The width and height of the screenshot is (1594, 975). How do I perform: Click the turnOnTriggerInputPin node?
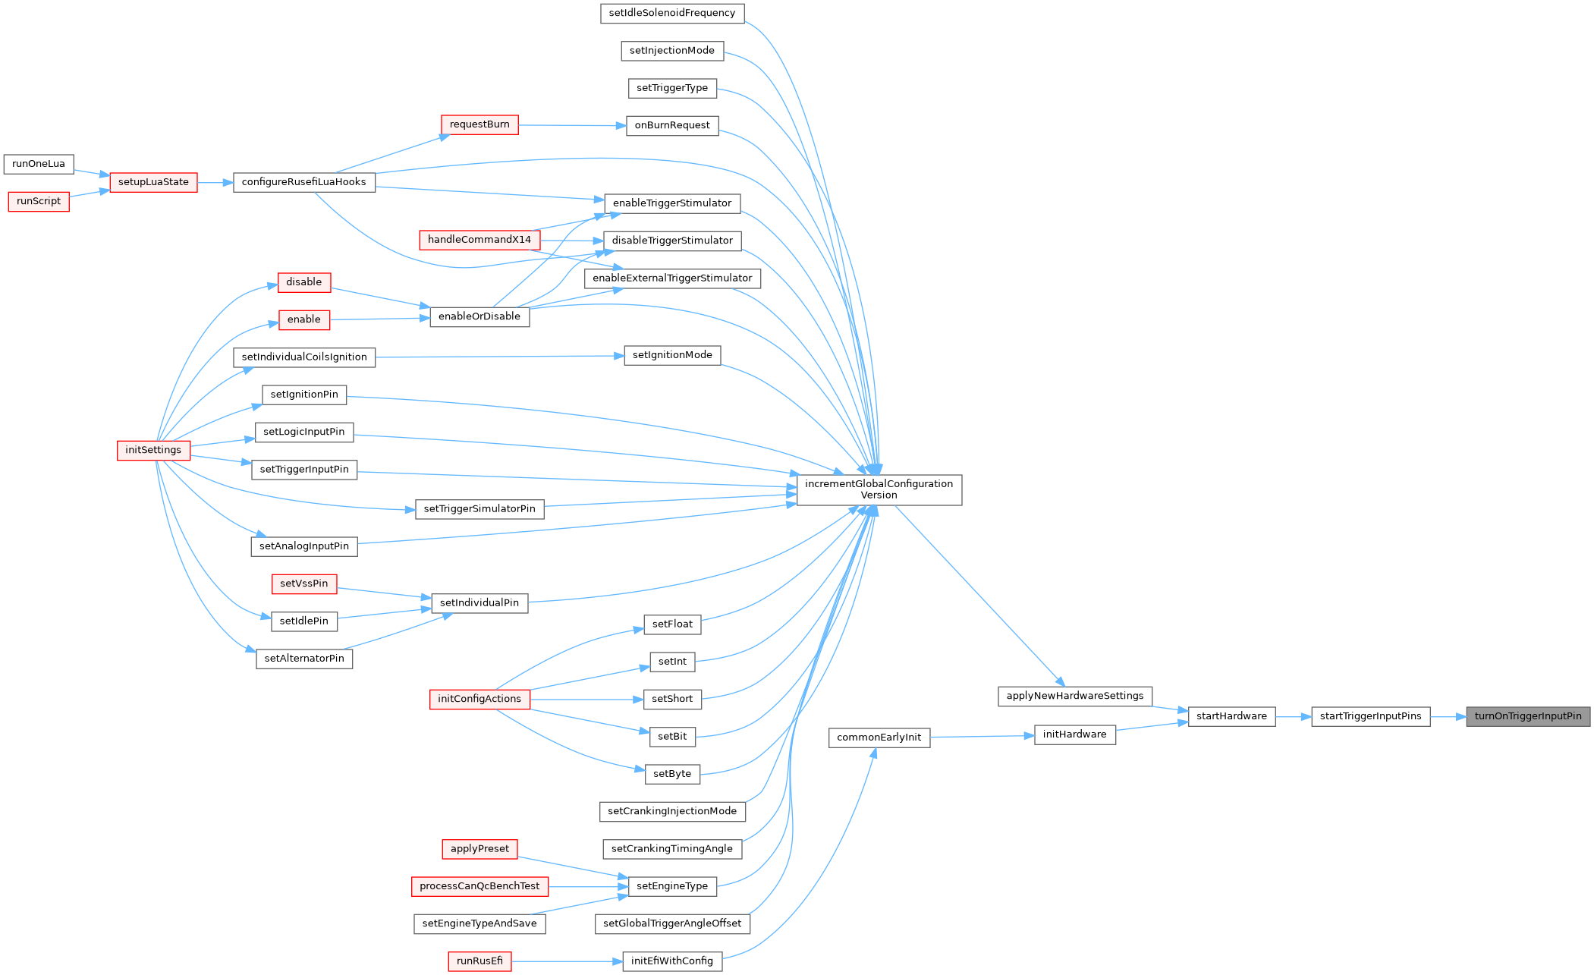1527,716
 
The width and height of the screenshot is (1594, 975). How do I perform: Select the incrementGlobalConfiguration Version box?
879,489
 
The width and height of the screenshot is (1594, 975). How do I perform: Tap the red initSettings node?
153,450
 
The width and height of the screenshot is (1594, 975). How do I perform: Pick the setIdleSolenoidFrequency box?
672,13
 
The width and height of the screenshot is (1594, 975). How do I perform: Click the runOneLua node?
39,164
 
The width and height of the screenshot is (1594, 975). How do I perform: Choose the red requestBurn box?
479,124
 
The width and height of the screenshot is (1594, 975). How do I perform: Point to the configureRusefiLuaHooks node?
304,182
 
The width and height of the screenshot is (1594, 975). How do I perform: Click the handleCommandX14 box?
479,240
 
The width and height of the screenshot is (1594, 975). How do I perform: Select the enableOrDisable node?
479,316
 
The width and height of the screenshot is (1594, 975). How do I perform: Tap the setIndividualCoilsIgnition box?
304,357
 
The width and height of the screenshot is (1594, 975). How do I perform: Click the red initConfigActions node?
479,699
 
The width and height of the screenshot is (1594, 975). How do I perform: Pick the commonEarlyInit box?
879,738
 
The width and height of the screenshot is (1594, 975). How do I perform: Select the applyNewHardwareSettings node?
1075,696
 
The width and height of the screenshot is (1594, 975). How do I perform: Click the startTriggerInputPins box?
1371,716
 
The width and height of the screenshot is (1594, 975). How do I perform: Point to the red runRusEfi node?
479,961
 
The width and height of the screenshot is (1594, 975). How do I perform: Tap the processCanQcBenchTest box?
479,886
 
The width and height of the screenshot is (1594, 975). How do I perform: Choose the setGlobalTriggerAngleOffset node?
672,923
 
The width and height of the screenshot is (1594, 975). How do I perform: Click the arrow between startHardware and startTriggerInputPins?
1294,716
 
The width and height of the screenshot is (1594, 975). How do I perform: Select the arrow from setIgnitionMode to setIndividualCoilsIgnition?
499,357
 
